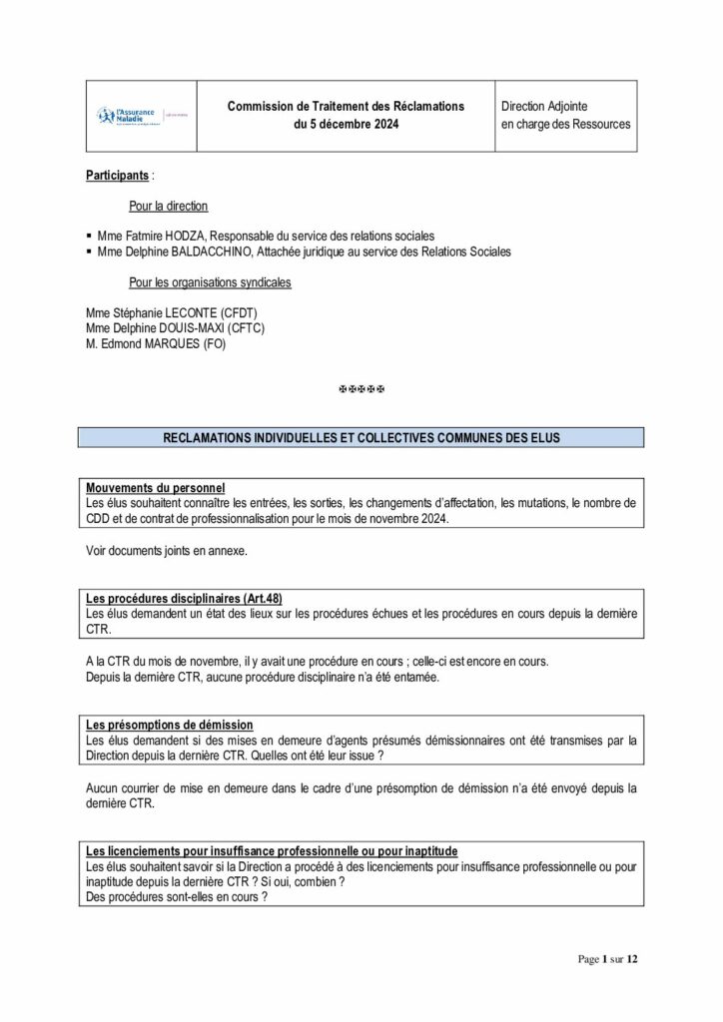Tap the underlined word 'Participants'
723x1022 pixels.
coord(118,175)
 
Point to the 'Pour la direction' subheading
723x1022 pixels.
coord(168,207)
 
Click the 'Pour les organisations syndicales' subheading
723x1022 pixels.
coord(210,282)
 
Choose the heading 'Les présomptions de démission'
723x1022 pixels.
coord(169,725)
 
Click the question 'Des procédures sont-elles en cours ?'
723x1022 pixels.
coord(176,897)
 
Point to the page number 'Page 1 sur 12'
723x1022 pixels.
coord(607,960)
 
